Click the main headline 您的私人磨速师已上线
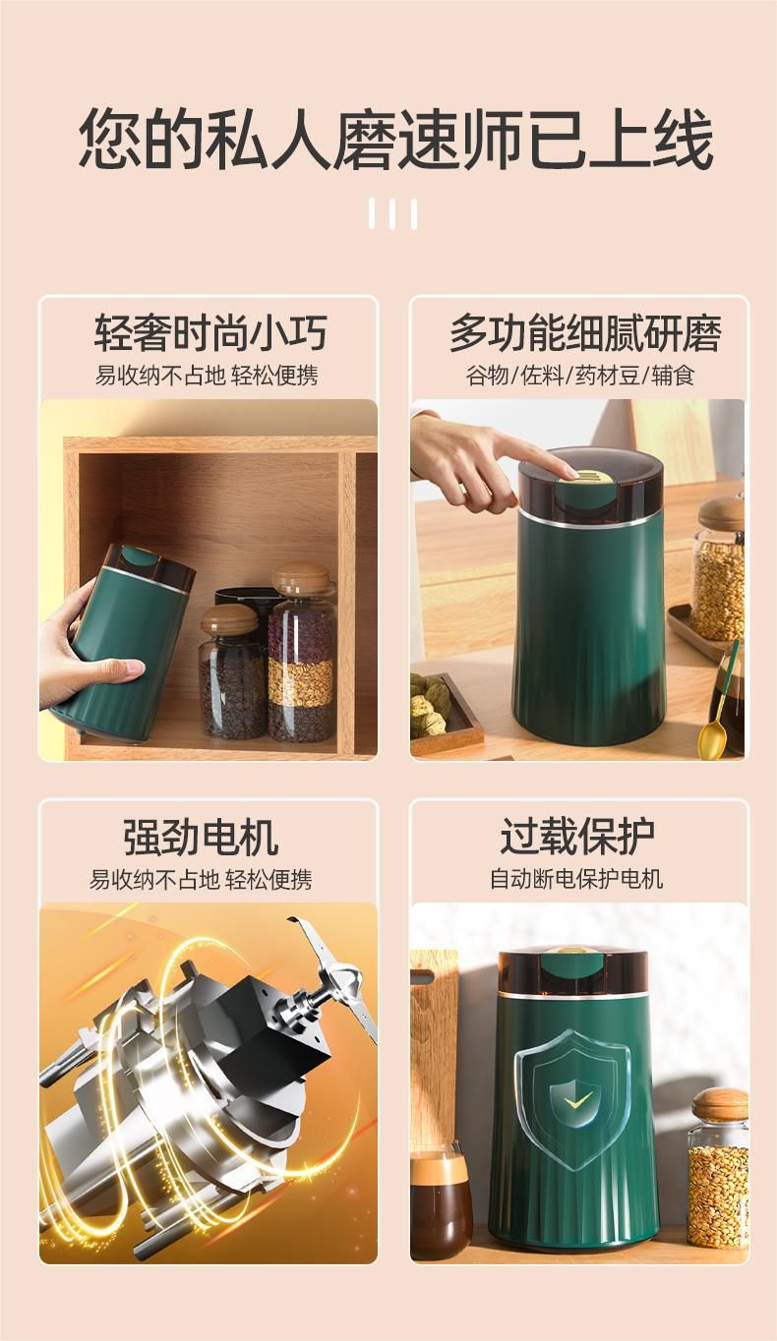396,139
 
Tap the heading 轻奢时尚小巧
210,332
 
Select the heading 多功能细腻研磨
584,332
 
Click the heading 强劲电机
202,837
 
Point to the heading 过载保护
577,837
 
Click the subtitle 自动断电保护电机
576,879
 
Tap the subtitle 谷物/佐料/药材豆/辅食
580,376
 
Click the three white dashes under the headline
393,213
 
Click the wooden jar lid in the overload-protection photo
720,1101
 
